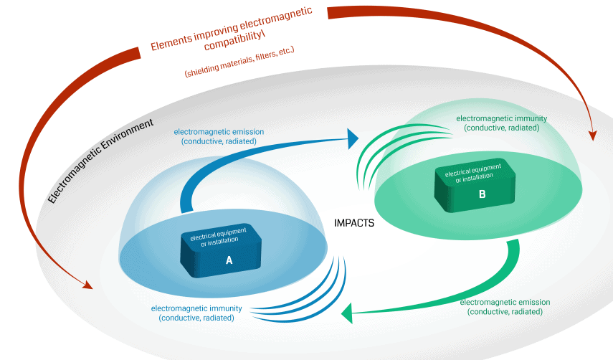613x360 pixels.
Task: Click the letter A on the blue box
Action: pyautogui.click(x=229, y=260)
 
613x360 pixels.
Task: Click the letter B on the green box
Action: pyautogui.click(x=482, y=194)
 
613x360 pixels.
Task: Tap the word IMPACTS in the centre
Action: pyautogui.click(x=354, y=223)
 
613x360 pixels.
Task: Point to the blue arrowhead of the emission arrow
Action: pyautogui.click(x=353, y=138)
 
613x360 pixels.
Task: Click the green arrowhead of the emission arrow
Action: pyautogui.click(x=347, y=313)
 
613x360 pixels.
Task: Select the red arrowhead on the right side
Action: pyautogui.click(x=592, y=134)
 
